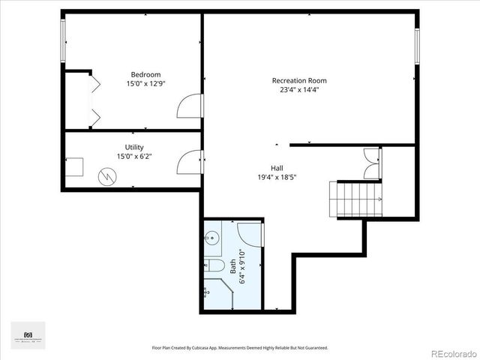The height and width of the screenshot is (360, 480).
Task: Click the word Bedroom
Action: tap(145, 74)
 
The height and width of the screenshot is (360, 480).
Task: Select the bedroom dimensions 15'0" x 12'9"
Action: tap(145, 84)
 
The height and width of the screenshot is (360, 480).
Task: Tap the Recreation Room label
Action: tap(298, 80)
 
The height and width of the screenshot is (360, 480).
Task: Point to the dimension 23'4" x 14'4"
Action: tap(298, 90)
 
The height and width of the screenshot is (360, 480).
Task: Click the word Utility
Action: tap(134, 147)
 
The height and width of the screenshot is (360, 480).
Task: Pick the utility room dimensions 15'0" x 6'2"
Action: tap(134, 157)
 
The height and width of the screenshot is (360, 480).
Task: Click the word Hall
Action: tap(277, 168)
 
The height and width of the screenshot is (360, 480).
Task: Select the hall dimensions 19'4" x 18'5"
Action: tap(277, 178)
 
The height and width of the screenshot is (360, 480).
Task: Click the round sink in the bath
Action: tap(211, 239)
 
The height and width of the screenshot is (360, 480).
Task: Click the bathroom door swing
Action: tap(250, 232)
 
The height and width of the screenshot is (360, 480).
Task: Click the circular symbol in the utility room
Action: tap(109, 177)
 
